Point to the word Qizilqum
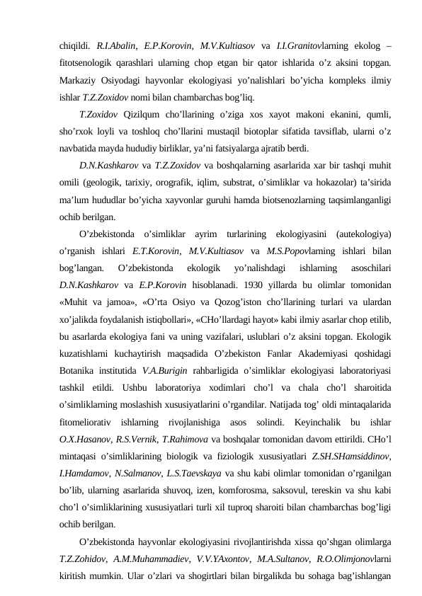[x=146, y=115]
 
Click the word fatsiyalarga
[x=231, y=148]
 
